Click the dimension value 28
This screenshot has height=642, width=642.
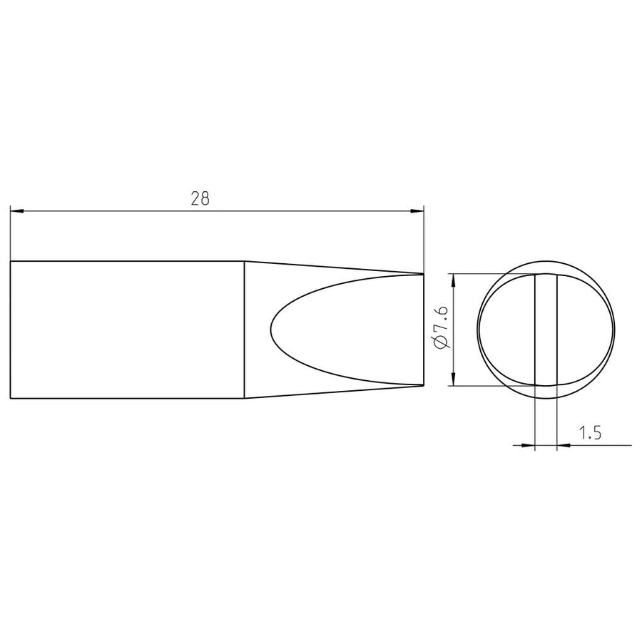pos(200,198)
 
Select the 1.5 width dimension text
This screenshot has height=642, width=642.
pos(590,432)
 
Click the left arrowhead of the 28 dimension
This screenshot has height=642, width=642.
pos(17,211)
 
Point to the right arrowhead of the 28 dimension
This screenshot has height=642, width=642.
pos(417,211)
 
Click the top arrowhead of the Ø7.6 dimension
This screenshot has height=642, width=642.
pos(453,280)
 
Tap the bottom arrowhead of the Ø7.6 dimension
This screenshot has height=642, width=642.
pos(453,379)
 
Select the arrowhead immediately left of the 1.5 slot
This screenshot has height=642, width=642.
pos(528,445)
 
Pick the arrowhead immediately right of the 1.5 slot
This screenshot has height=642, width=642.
pos(564,445)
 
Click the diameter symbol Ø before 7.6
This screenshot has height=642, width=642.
pos(442,342)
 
